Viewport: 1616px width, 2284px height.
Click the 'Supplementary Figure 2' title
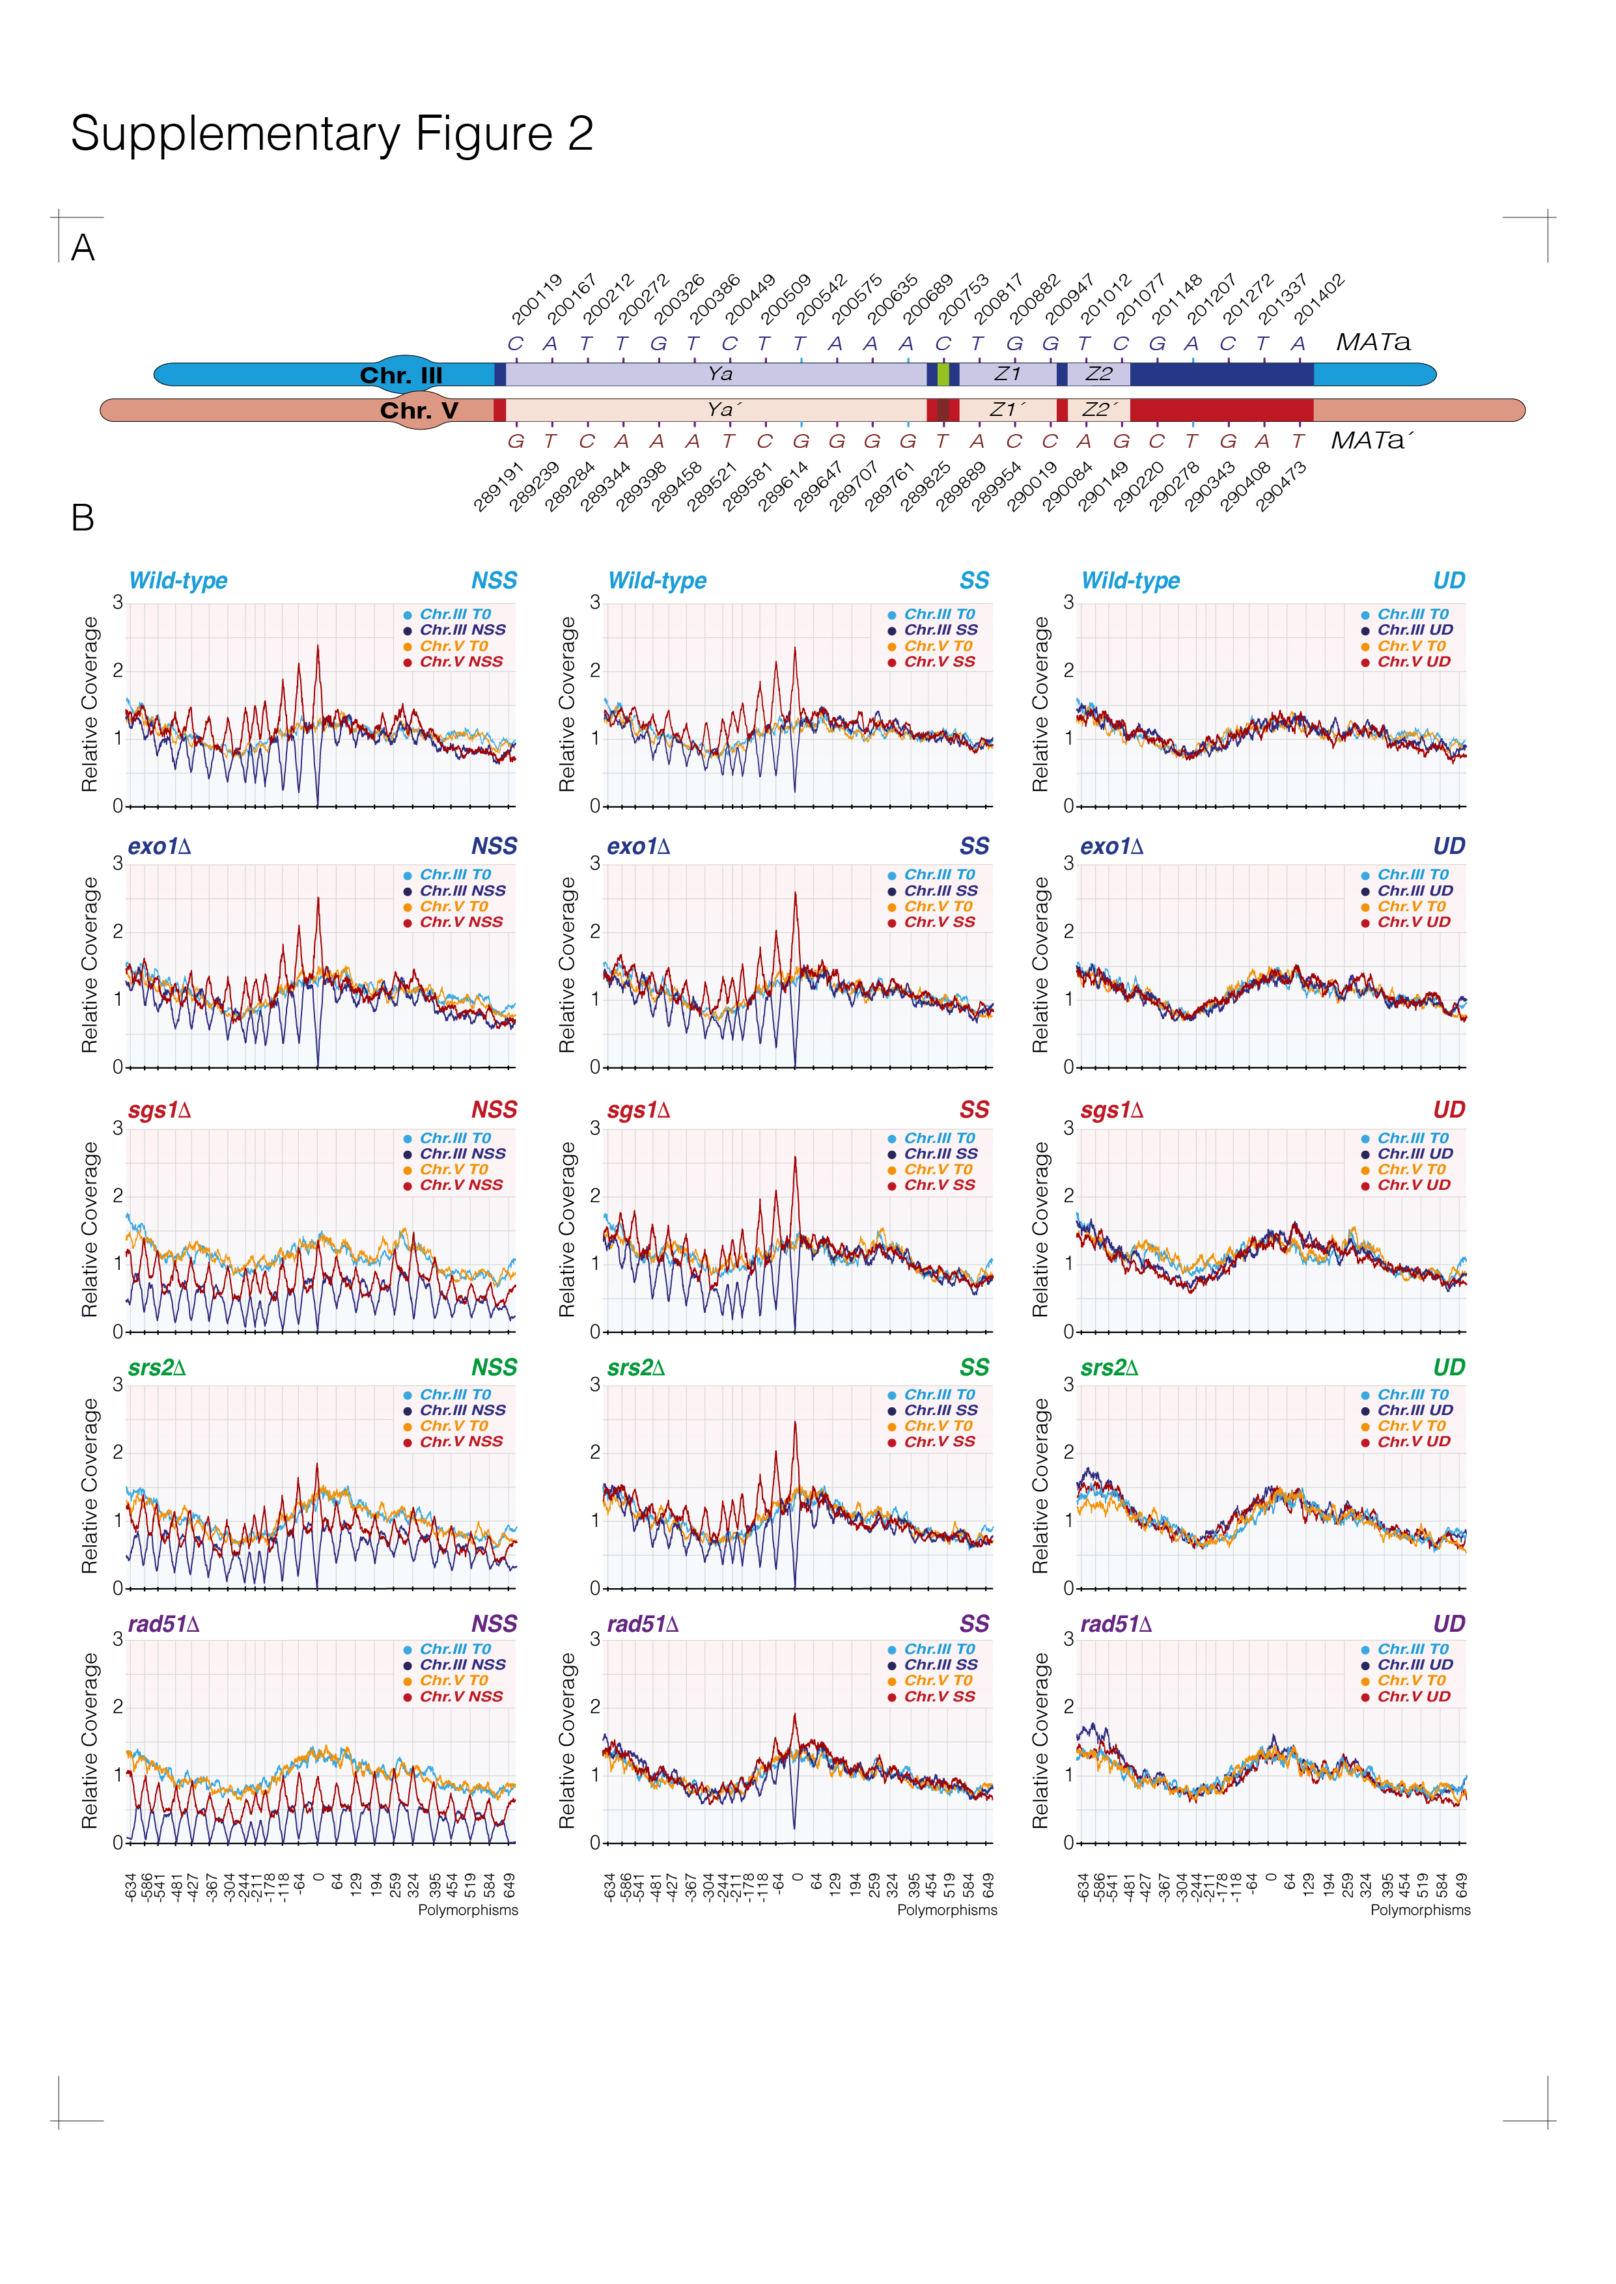(331, 133)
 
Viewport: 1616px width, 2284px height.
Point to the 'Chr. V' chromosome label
(419, 410)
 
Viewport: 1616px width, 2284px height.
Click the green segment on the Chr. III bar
(942, 374)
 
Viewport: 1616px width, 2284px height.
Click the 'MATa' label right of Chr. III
(1372, 342)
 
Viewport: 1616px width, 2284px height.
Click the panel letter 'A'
(83, 248)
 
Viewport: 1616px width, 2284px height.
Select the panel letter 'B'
(83, 518)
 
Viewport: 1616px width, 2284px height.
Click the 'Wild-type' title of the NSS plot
(178, 581)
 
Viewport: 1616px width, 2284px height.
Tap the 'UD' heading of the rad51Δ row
(1449, 1623)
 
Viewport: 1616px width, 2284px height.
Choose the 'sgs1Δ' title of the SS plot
(638, 1110)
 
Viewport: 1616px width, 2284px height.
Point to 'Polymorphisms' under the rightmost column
(1420, 1910)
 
